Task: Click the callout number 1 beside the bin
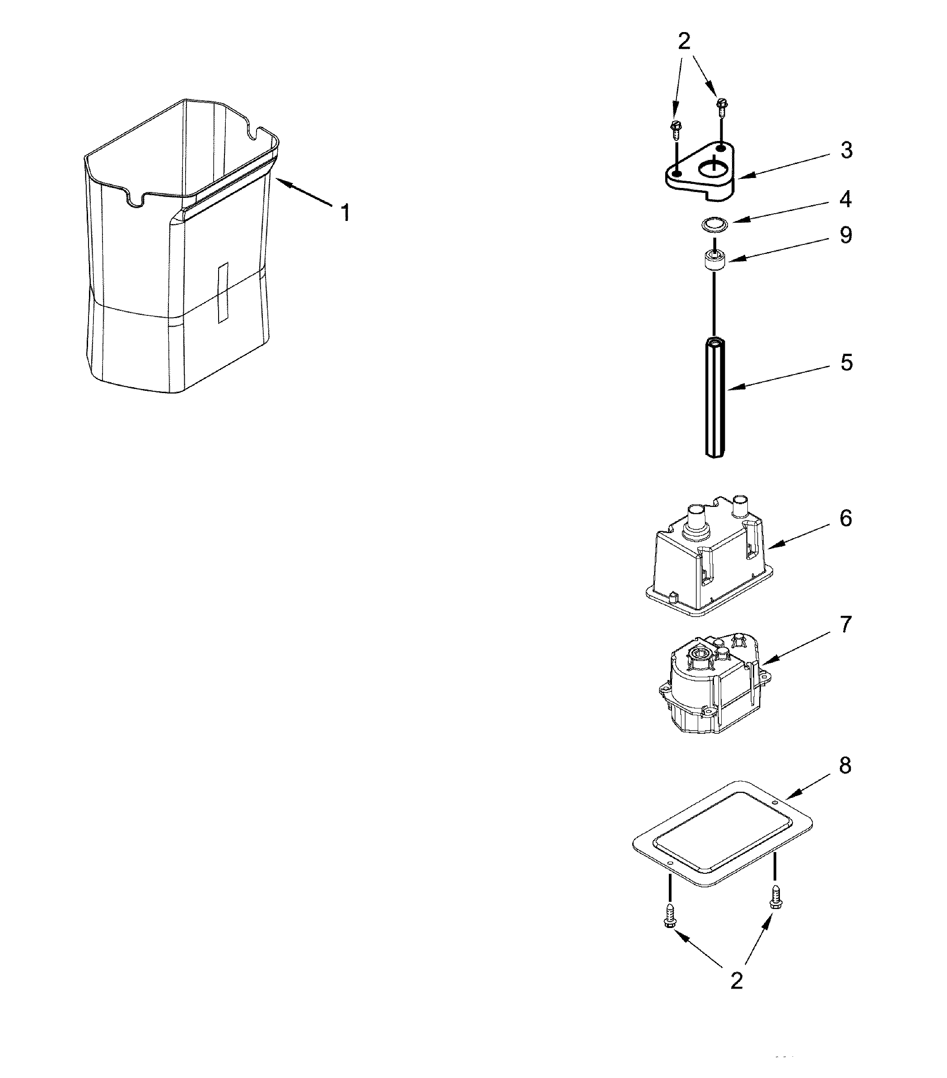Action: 345,213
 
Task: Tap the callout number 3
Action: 846,150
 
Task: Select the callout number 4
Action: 846,199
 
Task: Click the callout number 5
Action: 846,363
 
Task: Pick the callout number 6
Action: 846,518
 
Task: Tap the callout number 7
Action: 846,625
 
